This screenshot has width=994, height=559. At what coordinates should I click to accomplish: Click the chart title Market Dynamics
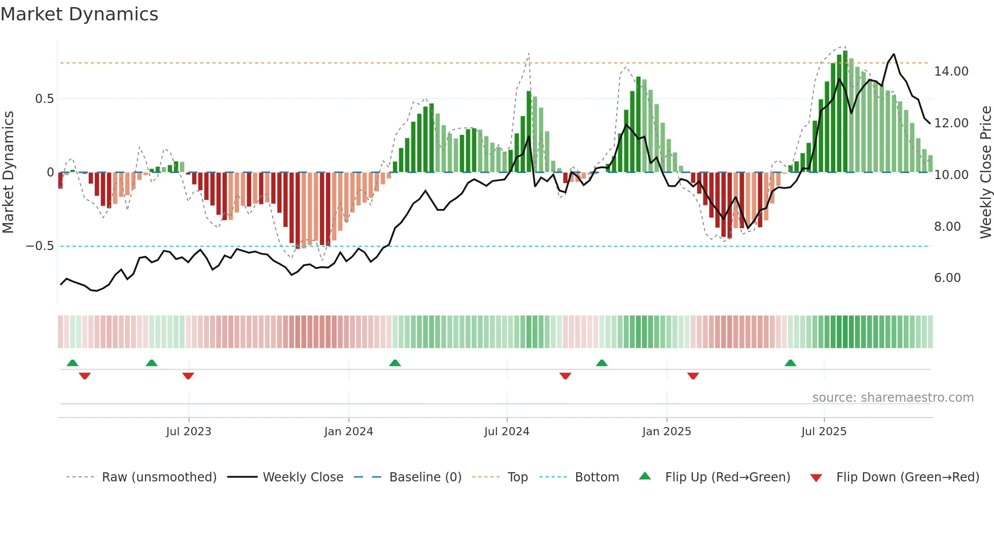[x=79, y=14]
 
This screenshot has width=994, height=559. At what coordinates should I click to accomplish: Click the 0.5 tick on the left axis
[x=44, y=99]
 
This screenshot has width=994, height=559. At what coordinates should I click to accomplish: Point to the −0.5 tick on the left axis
[x=40, y=246]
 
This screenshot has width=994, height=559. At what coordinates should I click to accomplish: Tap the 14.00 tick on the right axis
[x=951, y=72]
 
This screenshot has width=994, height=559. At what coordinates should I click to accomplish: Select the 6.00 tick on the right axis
[x=947, y=278]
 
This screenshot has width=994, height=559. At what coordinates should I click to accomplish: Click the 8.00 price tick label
[x=947, y=227]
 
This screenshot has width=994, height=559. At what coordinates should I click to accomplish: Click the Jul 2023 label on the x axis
[x=189, y=432]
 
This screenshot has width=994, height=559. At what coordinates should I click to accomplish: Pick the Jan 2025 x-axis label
[x=666, y=432]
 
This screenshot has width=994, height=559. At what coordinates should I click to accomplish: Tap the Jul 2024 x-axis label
[x=507, y=432]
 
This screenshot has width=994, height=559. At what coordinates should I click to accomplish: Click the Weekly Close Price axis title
[x=985, y=172]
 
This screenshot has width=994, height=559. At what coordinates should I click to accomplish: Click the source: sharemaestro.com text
[x=893, y=398]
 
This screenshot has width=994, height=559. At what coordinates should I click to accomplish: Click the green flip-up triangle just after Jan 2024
[x=395, y=363]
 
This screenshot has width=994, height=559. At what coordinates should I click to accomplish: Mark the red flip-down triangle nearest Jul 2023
[x=188, y=376]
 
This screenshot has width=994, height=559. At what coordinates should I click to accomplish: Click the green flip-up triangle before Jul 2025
[x=790, y=363]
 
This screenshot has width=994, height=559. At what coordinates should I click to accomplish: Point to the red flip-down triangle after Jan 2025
[x=693, y=376]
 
